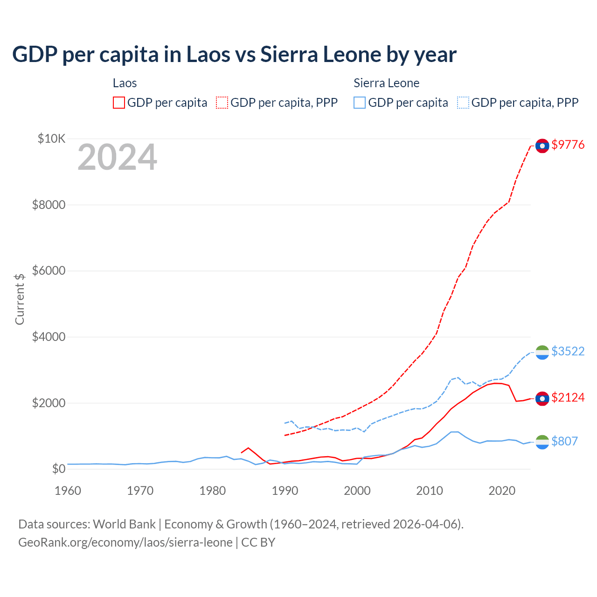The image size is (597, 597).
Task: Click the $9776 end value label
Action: (568, 145)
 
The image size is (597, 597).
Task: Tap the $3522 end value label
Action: (568, 351)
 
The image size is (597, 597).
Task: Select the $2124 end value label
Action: (568, 397)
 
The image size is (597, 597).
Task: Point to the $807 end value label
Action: (564, 441)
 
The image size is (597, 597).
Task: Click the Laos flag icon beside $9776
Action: (542, 146)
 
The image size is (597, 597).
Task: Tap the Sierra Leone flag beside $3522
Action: (542, 352)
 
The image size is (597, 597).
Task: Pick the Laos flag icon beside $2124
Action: (542, 398)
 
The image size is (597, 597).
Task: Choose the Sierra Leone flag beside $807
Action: (542, 442)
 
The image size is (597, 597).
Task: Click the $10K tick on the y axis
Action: (52, 139)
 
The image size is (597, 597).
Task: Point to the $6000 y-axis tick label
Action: (49, 271)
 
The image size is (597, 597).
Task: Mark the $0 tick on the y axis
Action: (58, 469)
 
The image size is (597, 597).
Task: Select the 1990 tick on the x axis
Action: (285, 491)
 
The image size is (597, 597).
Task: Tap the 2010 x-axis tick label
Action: (430, 491)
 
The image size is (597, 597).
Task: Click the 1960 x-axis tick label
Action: (68, 491)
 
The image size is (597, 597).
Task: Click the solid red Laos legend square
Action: (119, 103)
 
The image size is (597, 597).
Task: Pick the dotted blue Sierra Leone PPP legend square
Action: (463, 103)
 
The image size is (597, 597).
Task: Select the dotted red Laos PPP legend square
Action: (222, 103)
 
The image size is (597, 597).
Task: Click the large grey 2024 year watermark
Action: (118, 158)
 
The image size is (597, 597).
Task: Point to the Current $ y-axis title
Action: (20, 299)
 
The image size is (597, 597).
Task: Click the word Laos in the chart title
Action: (208, 55)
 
